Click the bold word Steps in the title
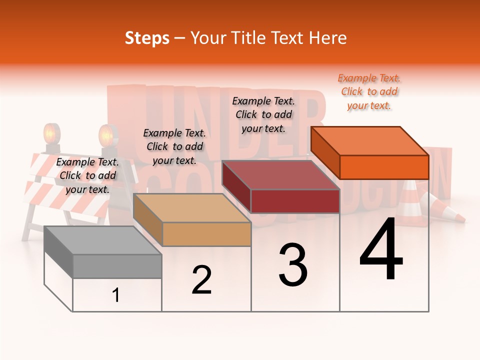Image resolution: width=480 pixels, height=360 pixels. point(147,38)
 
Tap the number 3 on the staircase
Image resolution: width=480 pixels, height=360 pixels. point(293,265)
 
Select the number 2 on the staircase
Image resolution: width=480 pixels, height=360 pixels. point(201,280)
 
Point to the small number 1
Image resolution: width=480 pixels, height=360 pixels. point(116,295)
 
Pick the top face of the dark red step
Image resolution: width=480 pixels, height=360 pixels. point(280,175)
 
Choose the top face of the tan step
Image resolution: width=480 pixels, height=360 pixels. point(191,208)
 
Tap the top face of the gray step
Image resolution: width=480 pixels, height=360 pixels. point(102,240)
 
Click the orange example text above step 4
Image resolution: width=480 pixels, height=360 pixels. point(369,92)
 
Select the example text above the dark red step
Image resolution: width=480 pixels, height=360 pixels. point(263,114)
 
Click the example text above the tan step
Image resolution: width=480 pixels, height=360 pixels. point(174,146)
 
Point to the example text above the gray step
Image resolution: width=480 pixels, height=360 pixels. point(87,175)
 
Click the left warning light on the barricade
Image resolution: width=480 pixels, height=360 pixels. point(51,134)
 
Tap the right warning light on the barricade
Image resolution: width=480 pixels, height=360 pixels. point(106,135)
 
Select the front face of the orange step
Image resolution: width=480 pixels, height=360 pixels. point(384,167)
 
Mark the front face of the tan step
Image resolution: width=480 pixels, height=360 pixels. point(206,234)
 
